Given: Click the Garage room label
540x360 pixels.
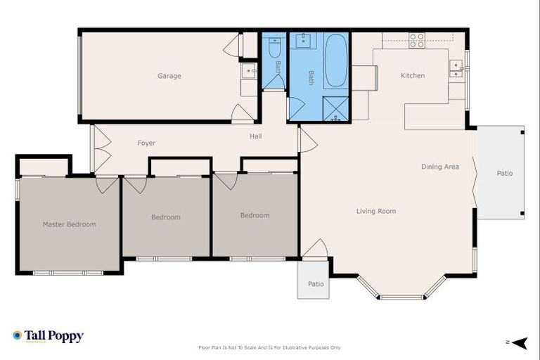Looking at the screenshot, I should click(169, 76).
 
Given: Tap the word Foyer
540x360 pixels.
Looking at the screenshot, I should click(146, 143).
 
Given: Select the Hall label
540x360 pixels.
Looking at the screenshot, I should click(255, 136).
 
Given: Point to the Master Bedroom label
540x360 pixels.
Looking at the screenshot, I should click(69, 224).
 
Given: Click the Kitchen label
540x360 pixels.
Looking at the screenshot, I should click(413, 76).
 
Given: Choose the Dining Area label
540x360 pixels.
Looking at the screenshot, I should click(440, 167).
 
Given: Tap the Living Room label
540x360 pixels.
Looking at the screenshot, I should click(375, 211).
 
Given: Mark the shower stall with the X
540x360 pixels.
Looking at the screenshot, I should click(335, 108).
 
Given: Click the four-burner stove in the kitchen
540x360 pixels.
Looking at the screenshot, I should click(417, 40).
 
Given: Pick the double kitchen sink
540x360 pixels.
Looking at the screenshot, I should click(456, 68).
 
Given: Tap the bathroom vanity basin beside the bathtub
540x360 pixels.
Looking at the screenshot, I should click(303, 40).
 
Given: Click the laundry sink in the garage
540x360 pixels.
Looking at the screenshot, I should click(249, 70).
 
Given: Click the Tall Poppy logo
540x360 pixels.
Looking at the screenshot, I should click(48, 336).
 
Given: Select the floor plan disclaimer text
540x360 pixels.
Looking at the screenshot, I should click(270, 347).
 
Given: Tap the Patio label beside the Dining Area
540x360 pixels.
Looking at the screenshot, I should click(505, 172).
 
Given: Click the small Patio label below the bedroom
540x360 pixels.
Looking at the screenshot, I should click(316, 284).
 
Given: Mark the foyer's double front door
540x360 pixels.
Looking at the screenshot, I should click(101, 149).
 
